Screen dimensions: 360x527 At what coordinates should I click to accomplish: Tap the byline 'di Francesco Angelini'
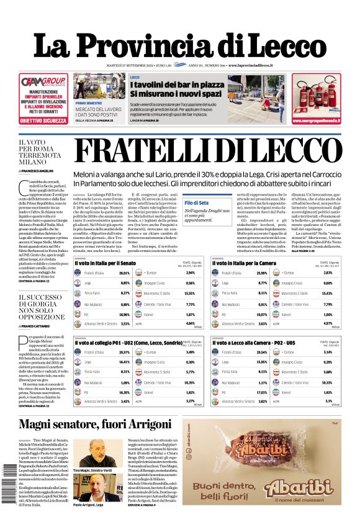38,169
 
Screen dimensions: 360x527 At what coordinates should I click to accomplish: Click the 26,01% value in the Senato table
124,256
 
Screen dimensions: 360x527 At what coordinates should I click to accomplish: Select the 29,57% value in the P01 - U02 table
124,352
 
